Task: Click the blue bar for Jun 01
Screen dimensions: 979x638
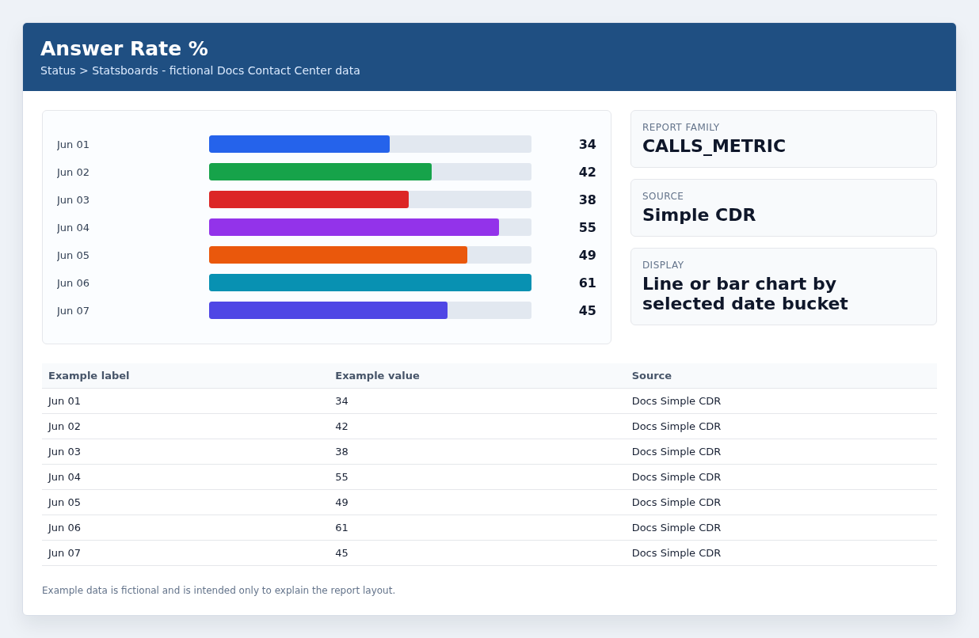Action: click(299, 144)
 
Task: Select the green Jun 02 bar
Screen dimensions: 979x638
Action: click(320, 172)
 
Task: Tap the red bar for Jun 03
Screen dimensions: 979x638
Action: click(309, 199)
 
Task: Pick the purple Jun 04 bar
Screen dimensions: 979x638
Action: click(354, 227)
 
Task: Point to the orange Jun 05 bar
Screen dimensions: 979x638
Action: click(338, 255)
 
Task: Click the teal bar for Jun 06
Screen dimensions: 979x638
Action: click(370, 283)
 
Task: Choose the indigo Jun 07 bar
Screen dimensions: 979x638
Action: click(328, 310)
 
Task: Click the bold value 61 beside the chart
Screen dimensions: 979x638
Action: click(588, 283)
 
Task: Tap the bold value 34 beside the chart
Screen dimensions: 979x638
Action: click(588, 145)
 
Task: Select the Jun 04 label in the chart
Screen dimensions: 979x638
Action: click(73, 227)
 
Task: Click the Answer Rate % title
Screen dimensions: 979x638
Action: click(124, 48)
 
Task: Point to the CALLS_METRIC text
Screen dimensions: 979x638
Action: click(714, 146)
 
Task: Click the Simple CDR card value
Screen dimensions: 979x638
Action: click(699, 215)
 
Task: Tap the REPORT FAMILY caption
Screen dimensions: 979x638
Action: click(680, 127)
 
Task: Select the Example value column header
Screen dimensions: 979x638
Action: click(377, 376)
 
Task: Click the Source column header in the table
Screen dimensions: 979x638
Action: click(652, 376)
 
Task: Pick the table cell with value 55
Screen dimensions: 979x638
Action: click(341, 477)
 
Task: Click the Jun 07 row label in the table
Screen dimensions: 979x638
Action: click(64, 553)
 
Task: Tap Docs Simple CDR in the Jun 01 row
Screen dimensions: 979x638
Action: click(676, 401)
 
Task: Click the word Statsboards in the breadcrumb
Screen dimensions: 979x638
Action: click(125, 70)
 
